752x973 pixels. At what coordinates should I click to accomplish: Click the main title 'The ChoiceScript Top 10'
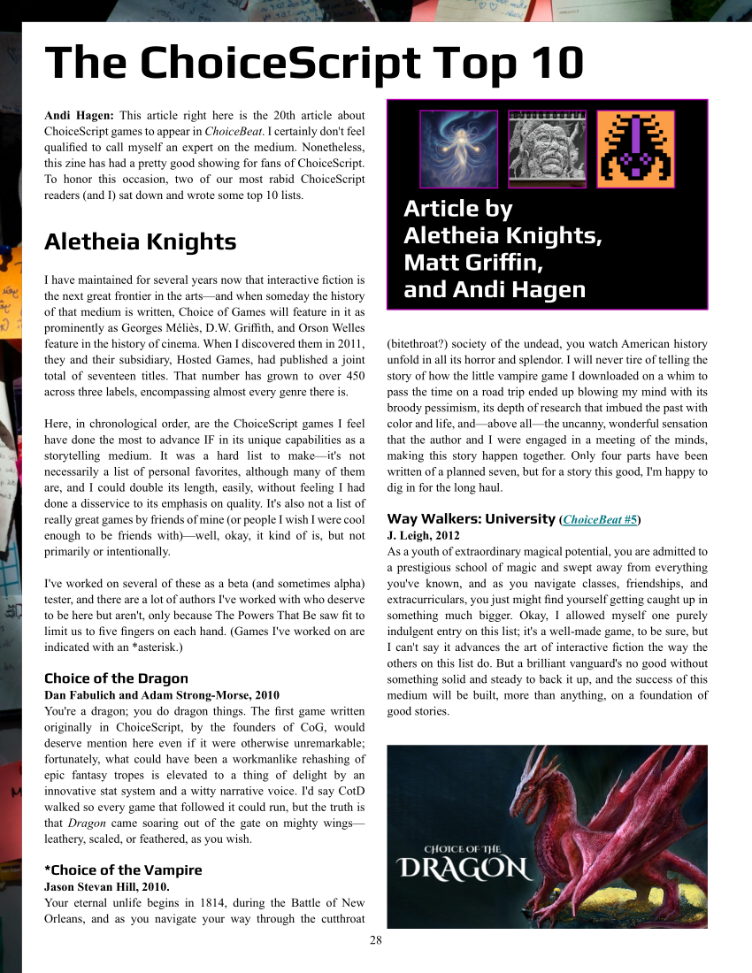(314, 63)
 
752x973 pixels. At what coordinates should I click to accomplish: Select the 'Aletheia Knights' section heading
(140, 241)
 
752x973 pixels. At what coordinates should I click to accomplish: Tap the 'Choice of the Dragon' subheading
(116, 678)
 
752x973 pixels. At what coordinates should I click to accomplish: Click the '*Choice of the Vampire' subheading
(123, 870)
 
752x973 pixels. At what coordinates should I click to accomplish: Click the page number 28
(376, 940)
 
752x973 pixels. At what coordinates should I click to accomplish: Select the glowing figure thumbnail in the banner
(457, 149)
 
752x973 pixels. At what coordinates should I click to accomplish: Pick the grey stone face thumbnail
(546, 149)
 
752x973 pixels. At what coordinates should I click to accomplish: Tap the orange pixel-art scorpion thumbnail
(635, 149)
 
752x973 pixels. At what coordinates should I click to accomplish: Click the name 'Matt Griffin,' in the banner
(473, 263)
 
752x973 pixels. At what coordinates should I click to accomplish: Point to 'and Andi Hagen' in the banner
(494, 290)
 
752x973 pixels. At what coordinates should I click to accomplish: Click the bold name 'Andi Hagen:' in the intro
(79, 115)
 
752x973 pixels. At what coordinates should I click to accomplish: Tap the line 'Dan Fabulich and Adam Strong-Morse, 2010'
(161, 695)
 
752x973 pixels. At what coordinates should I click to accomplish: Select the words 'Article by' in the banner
(457, 209)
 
